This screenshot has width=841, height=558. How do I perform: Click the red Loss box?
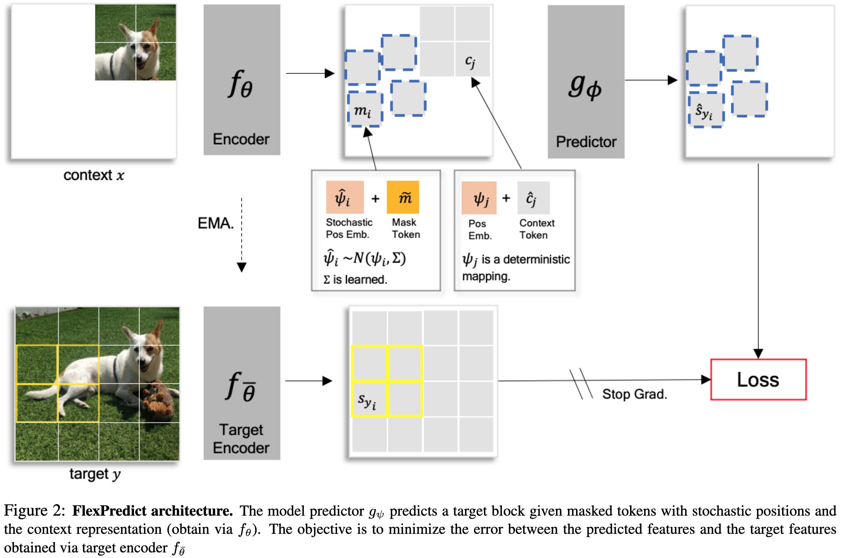tap(758, 379)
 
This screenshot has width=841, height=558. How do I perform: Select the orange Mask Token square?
tap(403, 197)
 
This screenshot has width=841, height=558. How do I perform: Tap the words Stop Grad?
tap(634, 394)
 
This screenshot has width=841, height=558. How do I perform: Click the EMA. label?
tap(216, 223)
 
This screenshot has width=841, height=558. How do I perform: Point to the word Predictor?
tap(586, 142)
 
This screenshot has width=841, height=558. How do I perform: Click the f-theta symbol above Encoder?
tap(240, 84)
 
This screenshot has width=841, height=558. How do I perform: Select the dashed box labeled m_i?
tap(365, 109)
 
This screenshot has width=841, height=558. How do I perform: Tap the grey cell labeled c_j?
tap(472, 59)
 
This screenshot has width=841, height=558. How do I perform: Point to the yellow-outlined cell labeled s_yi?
tap(369, 399)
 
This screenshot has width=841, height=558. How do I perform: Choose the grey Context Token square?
tap(533, 197)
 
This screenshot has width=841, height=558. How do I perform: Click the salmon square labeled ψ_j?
tap(479, 197)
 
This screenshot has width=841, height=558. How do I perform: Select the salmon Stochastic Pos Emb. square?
tap(345, 197)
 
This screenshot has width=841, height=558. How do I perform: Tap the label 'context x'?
tap(94, 175)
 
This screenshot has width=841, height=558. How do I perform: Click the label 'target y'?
tap(95, 474)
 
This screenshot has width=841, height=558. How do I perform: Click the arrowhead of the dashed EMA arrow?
tap(241, 267)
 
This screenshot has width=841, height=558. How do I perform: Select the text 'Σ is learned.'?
tap(355, 279)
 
